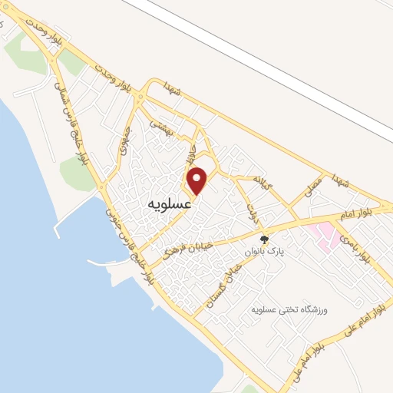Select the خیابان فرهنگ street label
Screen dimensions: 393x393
(x=186, y=245)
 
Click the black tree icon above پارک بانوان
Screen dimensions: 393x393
(x=266, y=238)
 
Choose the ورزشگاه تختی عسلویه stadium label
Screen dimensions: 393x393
(x=289, y=309)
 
